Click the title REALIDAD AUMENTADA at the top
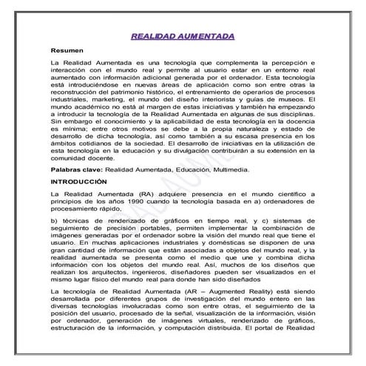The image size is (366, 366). (x=183, y=36)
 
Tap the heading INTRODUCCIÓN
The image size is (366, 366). (x=83, y=181)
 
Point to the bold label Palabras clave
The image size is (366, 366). (x=76, y=169)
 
